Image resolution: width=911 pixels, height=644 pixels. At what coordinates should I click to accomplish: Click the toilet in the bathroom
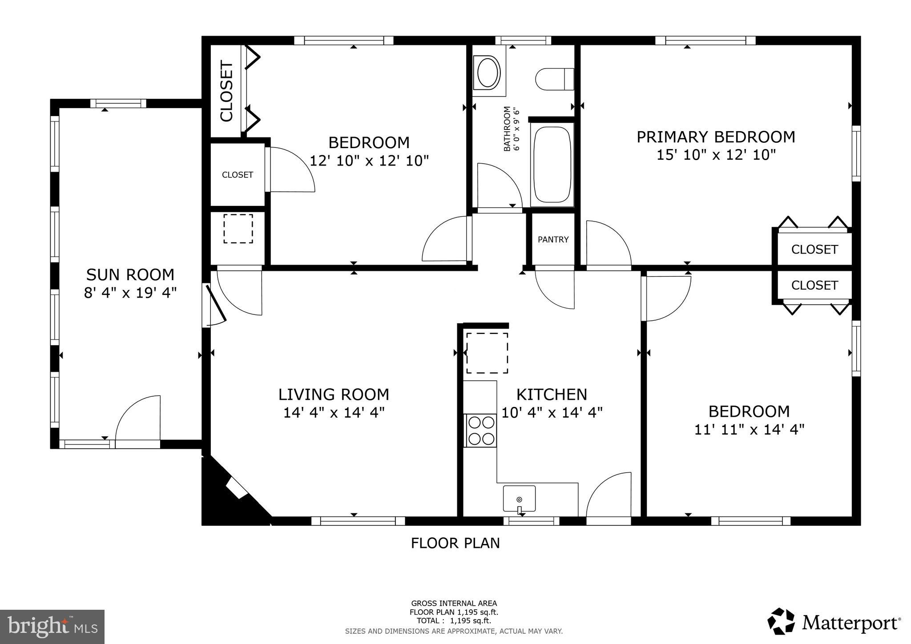(x=555, y=79)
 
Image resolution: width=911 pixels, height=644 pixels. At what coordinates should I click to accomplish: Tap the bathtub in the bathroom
(x=552, y=165)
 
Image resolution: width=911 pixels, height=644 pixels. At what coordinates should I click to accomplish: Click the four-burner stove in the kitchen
(x=480, y=430)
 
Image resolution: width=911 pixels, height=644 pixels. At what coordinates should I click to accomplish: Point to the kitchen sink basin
(x=519, y=499)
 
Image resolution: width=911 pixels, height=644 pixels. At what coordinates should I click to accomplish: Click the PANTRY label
(x=553, y=240)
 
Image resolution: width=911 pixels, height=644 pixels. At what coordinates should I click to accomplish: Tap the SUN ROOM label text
(x=130, y=275)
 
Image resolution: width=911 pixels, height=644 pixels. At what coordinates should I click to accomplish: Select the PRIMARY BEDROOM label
(x=716, y=137)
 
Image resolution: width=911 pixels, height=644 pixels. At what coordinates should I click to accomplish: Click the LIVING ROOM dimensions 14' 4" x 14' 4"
(x=334, y=413)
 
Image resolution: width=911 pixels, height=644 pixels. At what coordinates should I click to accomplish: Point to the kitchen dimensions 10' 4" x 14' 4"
(x=552, y=413)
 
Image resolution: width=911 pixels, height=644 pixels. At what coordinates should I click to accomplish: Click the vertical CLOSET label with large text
(x=226, y=92)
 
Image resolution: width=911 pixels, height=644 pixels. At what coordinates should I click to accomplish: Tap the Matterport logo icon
(x=781, y=621)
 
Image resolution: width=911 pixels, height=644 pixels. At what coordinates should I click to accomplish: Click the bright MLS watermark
(x=52, y=627)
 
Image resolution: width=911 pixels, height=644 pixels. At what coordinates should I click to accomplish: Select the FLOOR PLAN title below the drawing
(x=455, y=543)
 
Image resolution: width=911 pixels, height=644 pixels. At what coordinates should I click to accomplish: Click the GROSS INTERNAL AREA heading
(x=454, y=604)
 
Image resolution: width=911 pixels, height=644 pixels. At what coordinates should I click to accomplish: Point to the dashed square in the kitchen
(x=487, y=353)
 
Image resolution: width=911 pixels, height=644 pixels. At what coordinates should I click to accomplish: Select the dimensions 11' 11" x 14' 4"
(x=750, y=430)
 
